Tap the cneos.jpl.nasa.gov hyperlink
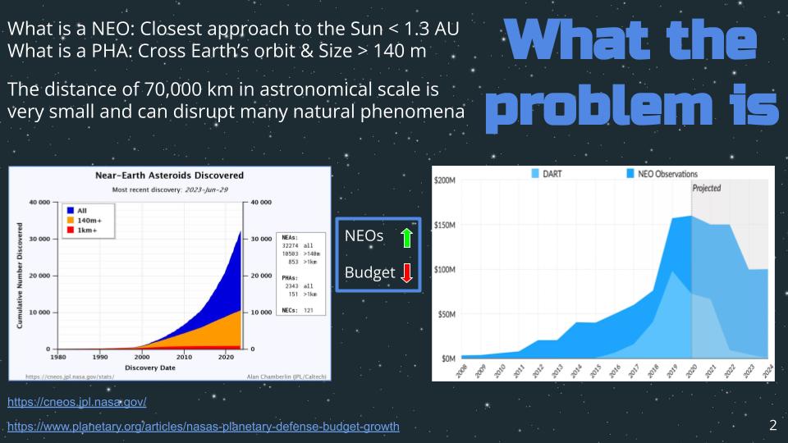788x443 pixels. point(77,403)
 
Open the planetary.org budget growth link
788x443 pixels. point(204,427)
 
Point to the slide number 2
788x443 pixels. point(772,425)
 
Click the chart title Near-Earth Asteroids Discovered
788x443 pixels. point(170,176)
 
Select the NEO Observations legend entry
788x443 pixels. point(661,174)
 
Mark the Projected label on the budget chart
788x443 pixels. point(707,188)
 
